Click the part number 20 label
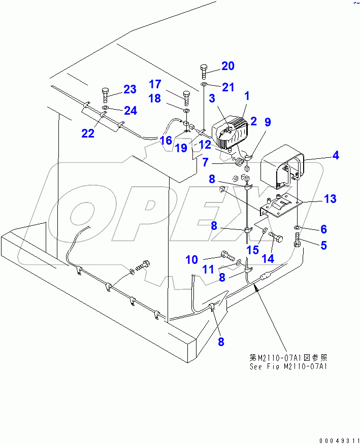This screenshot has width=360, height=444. [x=228, y=65]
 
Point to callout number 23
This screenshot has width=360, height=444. [x=130, y=90]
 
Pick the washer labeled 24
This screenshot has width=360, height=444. [x=106, y=108]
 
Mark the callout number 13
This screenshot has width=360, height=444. [x=330, y=199]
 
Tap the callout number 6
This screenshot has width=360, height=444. [x=323, y=229]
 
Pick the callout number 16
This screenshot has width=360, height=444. [x=167, y=141]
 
